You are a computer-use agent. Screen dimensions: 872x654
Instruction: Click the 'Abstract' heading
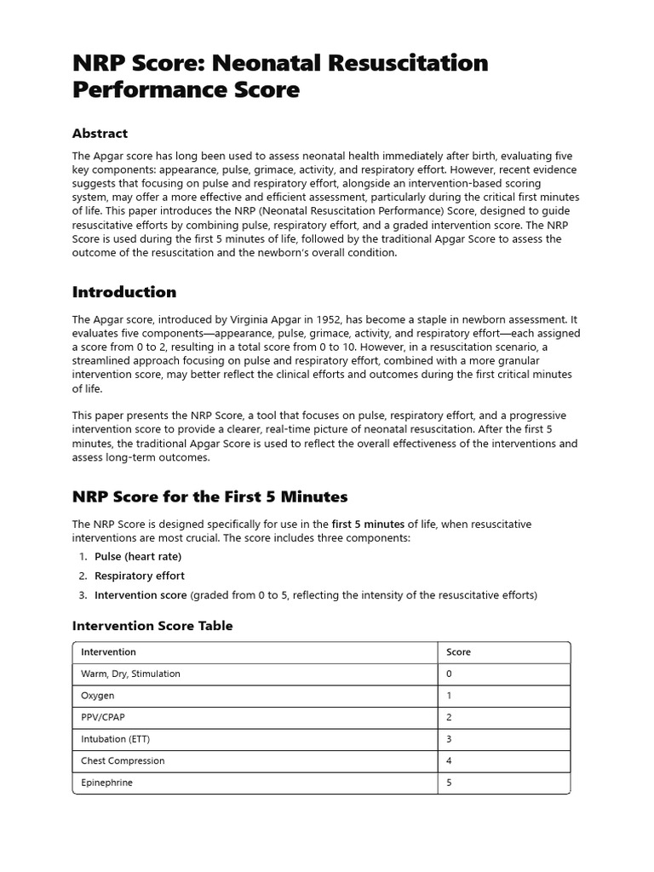pos(100,134)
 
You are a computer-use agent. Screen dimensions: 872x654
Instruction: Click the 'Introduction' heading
pos(124,292)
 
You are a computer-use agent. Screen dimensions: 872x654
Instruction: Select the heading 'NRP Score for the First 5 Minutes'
pos(209,496)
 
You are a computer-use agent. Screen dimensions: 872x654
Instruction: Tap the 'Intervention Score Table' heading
pos(152,626)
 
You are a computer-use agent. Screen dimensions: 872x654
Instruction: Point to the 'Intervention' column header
pos(108,652)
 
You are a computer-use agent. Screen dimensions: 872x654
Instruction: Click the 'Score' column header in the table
pos(458,652)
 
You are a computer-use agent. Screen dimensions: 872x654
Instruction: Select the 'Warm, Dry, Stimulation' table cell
pos(130,674)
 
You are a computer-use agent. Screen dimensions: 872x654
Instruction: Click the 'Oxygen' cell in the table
pos(97,696)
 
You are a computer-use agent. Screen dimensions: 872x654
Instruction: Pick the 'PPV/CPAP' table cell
pos(103,717)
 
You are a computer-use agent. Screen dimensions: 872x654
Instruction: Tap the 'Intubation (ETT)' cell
pos(115,739)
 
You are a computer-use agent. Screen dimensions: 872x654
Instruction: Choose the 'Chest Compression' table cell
pos(123,760)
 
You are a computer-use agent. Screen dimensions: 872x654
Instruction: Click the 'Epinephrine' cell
pos(106,783)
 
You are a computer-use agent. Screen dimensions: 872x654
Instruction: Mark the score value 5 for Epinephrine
pos(450,783)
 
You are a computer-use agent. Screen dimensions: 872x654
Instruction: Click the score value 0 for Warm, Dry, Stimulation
pos(450,674)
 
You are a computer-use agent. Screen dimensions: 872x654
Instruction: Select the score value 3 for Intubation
pos(450,739)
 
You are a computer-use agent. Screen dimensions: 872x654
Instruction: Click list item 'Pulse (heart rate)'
pos(138,556)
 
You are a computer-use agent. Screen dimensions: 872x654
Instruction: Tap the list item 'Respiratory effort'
pos(139,576)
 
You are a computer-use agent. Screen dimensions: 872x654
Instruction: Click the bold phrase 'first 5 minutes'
pos(368,524)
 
